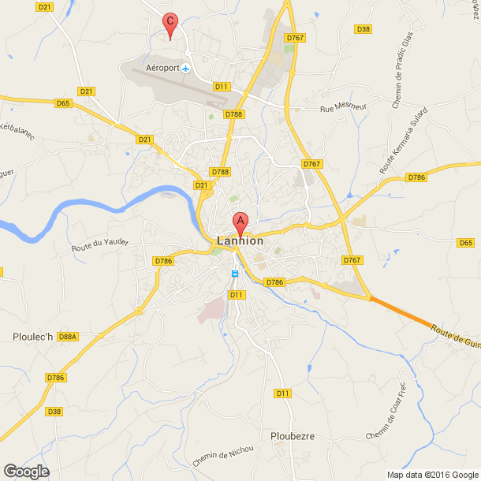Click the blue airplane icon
(x=185, y=69)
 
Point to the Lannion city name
(x=240, y=241)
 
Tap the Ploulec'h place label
(x=33, y=337)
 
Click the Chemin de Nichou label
(x=224, y=454)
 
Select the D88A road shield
(x=68, y=337)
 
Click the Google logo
(x=25, y=471)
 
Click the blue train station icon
(x=234, y=274)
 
